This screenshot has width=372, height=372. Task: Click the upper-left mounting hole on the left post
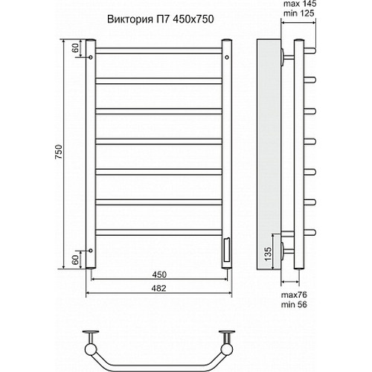(x=92, y=56)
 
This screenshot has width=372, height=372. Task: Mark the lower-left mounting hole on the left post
(x=92, y=251)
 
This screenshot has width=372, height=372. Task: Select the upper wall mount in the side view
(x=285, y=56)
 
